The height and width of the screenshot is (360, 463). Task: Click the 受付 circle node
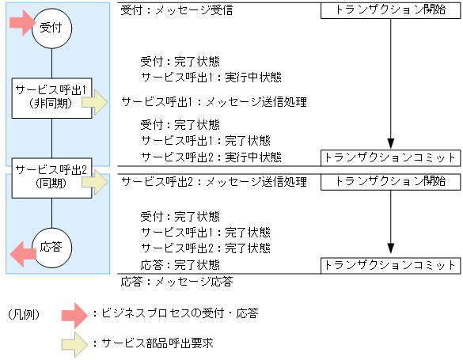click(51, 28)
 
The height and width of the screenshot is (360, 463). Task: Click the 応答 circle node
click(51, 246)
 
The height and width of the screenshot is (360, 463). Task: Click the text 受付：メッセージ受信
click(177, 12)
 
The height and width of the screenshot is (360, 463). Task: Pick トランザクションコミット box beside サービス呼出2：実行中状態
click(390, 157)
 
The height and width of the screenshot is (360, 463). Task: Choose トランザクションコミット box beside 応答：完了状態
click(390, 264)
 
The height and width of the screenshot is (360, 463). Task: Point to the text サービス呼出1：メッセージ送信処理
click(214, 102)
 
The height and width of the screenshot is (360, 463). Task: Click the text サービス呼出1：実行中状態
click(211, 77)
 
